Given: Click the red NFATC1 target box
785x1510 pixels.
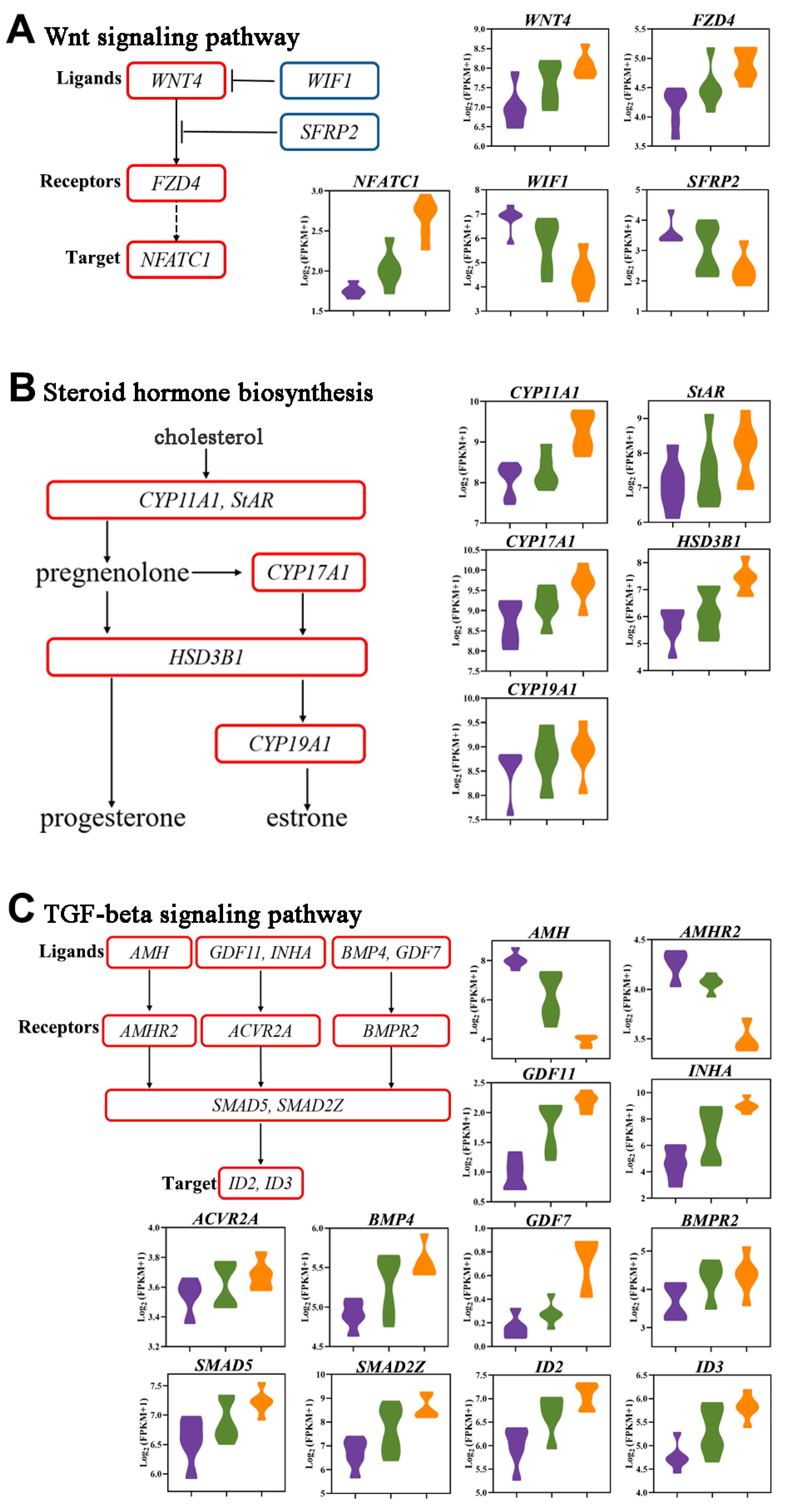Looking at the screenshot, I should [x=176, y=260].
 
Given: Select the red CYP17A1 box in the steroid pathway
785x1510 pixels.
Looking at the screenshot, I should [x=308, y=572].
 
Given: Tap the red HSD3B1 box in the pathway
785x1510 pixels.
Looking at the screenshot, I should [x=206, y=657].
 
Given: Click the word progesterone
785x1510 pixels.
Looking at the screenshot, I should [x=113, y=818].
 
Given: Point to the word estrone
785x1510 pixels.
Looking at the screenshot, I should [x=307, y=818].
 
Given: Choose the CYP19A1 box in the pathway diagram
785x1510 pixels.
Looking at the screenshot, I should [x=290, y=744].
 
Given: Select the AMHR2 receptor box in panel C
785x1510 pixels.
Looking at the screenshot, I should [x=149, y=1031].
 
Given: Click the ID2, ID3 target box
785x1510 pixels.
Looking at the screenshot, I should [x=260, y=1183].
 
